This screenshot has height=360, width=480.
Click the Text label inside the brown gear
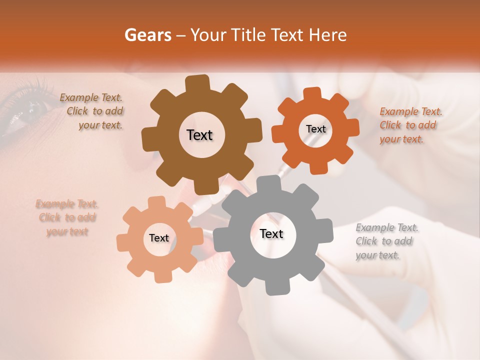click(199, 135)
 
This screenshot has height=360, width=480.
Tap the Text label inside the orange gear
click(315, 129)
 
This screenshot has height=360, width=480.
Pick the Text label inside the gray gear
click(271, 233)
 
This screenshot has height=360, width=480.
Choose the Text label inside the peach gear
click(159, 238)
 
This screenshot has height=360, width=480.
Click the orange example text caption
click(410, 125)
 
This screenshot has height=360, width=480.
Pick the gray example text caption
click(386, 241)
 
